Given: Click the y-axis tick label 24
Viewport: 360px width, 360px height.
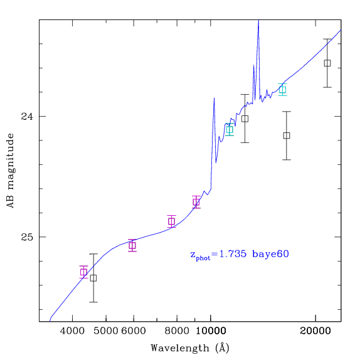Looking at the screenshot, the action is (27, 117).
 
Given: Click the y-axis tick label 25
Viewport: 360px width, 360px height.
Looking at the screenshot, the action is (27, 237).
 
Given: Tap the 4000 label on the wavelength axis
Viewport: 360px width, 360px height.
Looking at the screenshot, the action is (72, 331).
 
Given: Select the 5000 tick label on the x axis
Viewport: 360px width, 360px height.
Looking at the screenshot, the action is (106, 331).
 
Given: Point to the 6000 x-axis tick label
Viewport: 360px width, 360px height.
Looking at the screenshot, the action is (134, 331).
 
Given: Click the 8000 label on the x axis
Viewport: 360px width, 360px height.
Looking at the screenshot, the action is (177, 331).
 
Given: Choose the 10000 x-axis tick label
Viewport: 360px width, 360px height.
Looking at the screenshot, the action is (211, 331).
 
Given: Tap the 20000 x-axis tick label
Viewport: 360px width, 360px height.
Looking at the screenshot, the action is (315, 331).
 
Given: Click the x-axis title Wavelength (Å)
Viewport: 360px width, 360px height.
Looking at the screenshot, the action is (190, 348).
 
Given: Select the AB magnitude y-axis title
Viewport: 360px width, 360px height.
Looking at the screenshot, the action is (10, 171).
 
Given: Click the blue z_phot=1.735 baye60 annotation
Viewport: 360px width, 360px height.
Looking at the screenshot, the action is (240, 255).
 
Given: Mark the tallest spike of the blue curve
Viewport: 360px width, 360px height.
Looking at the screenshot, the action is (258, 21).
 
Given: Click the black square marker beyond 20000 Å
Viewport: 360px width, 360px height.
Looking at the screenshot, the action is (327, 63).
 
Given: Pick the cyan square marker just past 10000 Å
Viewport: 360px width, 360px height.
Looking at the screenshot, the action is (230, 129).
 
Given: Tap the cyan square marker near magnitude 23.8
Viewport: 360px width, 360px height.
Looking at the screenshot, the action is (283, 90).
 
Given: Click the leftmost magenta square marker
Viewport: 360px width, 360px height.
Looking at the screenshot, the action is (83, 272).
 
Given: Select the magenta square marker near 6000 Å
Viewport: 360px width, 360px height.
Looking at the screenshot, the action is (132, 245).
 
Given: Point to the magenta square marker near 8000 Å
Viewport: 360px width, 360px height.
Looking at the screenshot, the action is (171, 221).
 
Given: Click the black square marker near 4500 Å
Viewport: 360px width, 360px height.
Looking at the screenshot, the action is (93, 278).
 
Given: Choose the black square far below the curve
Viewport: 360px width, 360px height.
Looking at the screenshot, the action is (287, 135).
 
